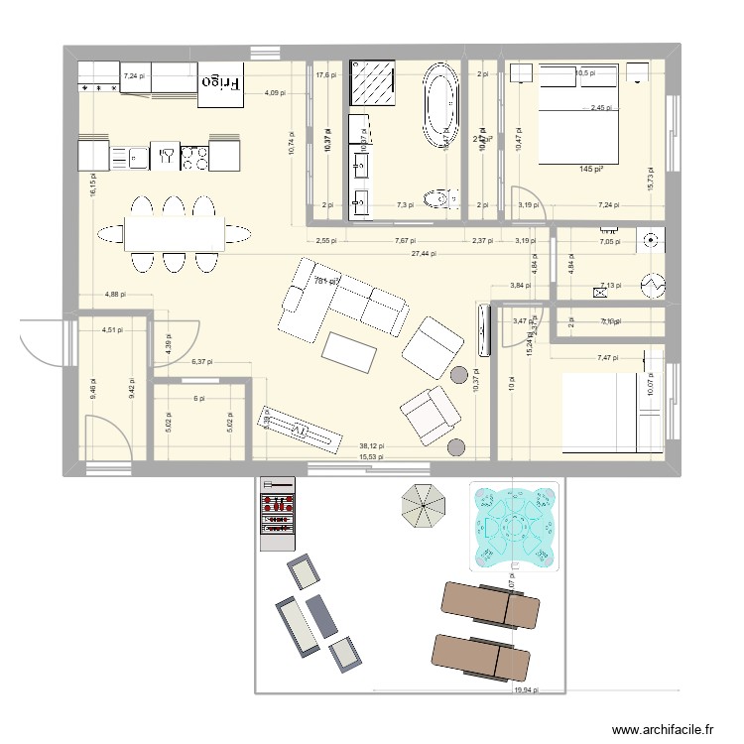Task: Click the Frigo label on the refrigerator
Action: [221, 83]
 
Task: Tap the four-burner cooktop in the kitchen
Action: [193, 155]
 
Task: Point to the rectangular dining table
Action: [173, 233]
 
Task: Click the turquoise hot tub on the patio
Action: [515, 528]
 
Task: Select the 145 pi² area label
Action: [591, 170]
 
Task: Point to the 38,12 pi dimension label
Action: [370, 446]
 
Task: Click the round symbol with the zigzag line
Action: [653, 284]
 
